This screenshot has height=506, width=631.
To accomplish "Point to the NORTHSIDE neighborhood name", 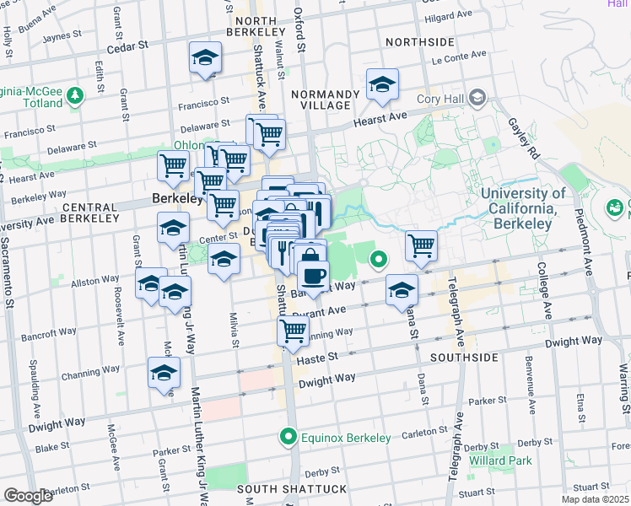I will (x=419, y=42).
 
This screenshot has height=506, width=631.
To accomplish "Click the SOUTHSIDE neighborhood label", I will (x=464, y=358).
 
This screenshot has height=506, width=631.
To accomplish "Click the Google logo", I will (x=28, y=496).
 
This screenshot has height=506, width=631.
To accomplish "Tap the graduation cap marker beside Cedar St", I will (x=205, y=58).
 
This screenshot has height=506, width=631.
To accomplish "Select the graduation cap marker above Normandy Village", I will (x=382, y=85).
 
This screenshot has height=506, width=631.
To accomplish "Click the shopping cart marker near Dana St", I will (x=421, y=245).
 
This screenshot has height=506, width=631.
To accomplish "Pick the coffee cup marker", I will (x=313, y=276).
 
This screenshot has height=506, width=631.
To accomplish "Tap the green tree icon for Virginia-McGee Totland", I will (x=77, y=94).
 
